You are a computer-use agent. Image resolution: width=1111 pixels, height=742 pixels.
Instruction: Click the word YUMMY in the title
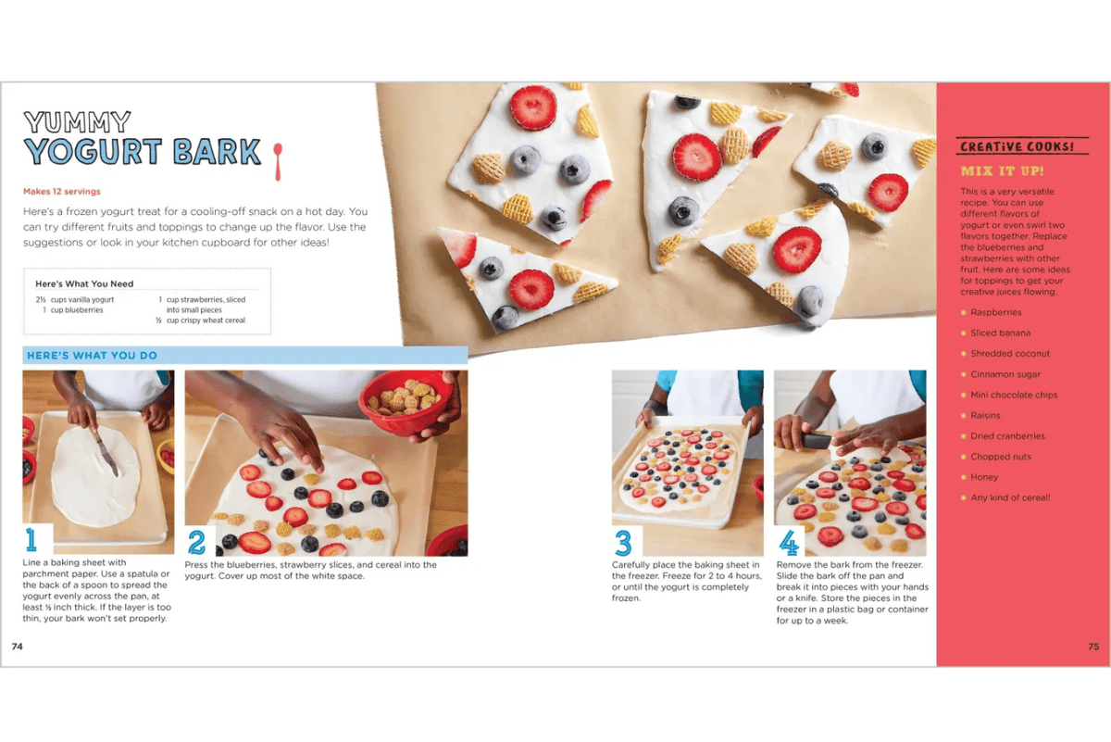pos(77,121)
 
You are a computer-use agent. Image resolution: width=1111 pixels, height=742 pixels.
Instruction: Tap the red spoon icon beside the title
pos(278,158)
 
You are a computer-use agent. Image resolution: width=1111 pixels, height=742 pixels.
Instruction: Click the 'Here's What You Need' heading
pos(84,283)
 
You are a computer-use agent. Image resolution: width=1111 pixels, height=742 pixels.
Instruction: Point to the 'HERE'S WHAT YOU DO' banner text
pos(92,356)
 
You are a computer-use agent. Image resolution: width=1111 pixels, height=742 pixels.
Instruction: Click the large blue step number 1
pos(32,540)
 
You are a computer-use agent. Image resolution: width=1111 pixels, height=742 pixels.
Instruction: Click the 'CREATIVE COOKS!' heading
pos(1017,147)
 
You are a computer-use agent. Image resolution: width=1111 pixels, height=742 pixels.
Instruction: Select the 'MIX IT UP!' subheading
pos(1002,171)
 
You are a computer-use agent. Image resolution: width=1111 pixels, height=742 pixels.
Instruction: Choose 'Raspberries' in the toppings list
pos(996,313)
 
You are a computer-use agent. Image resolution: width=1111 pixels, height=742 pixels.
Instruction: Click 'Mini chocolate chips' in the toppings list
pos(1014,396)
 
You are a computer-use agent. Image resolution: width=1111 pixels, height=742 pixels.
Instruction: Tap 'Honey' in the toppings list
pos(984,478)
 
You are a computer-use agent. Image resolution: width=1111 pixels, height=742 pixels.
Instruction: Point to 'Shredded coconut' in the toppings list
pos(1010,354)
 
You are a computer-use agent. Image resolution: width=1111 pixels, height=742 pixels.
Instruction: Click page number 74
pos(18,647)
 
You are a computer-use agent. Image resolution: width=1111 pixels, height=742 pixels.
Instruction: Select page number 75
pos(1093,647)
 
